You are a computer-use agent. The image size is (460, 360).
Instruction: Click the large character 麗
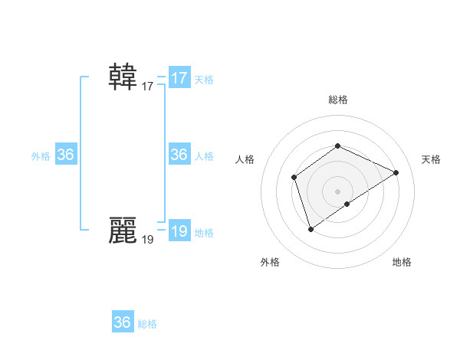[123, 230]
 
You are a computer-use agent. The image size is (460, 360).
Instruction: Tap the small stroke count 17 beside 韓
[148, 87]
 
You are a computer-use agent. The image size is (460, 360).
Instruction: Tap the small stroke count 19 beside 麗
[148, 240]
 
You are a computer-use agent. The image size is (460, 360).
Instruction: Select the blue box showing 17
[179, 78]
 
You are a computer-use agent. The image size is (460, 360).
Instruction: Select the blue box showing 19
[179, 231]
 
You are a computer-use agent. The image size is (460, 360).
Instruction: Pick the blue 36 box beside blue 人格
[179, 155]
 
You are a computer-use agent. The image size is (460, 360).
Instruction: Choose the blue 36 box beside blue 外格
[66, 155]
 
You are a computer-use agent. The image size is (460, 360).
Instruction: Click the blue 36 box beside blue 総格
[123, 322]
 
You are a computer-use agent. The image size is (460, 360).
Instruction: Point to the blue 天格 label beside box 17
[204, 80]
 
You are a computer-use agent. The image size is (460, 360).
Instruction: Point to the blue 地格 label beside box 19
[204, 233]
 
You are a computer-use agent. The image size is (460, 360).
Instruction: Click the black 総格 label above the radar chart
[338, 100]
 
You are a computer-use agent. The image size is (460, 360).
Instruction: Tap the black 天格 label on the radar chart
[431, 159]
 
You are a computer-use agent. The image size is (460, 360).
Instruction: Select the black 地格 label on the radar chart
[402, 262]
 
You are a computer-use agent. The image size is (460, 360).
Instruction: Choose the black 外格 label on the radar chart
[270, 262]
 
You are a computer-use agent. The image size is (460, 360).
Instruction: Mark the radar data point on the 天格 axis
[396, 172]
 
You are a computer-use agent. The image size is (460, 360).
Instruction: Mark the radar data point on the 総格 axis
[337, 146]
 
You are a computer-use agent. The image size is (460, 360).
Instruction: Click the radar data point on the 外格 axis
[310, 228]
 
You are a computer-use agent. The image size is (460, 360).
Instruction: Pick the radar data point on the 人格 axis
[294, 178]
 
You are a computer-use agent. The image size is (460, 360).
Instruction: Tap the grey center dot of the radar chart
[337, 191]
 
